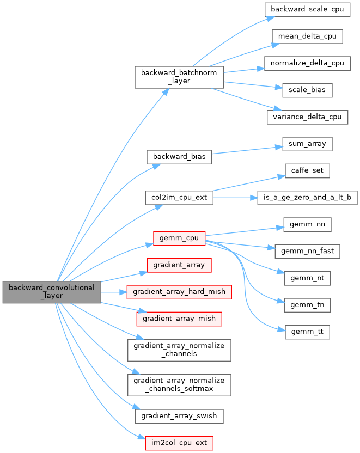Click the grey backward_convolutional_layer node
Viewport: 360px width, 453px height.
click(x=52, y=292)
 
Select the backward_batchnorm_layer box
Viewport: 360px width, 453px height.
click(x=179, y=77)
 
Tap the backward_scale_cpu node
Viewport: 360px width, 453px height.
click(x=307, y=10)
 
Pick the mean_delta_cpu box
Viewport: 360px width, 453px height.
click(x=307, y=36)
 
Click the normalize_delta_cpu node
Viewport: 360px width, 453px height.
click(x=307, y=63)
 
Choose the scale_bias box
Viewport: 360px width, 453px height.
click(x=307, y=90)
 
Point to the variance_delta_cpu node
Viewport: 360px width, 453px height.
click(x=307, y=117)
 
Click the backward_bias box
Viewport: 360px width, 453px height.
click(x=179, y=157)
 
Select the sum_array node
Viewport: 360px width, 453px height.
click(x=307, y=144)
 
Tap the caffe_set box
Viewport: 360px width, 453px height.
click(x=307, y=170)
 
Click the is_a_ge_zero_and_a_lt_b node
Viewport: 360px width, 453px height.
click(x=307, y=197)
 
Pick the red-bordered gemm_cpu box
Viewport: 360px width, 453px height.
click(x=179, y=238)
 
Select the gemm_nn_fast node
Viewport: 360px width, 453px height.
click(x=307, y=251)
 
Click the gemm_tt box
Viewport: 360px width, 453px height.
click(x=307, y=332)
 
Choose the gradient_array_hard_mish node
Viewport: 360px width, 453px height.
click(x=179, y=291)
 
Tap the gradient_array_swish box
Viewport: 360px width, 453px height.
click(x=179, y=415)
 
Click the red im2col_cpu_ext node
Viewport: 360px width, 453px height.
click(x=179, y=442)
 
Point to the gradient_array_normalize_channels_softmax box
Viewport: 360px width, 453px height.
click(x=179, y=384)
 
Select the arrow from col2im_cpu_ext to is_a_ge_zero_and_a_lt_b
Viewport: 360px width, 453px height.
click(x=234, y=197)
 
